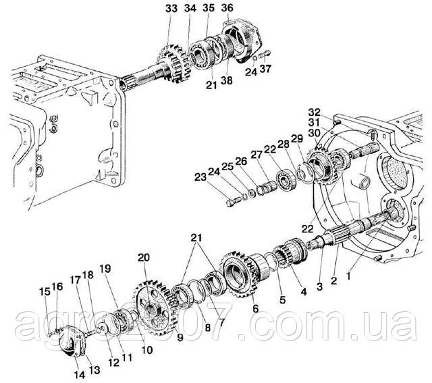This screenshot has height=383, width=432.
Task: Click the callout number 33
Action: (x=171, y=9)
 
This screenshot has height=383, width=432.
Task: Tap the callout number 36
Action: (x=227, y=8)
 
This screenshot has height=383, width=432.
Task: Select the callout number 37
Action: (x=265, y=69)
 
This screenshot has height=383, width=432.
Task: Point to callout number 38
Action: (x=227, y=80)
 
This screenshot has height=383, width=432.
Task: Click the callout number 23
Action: (x=200, y=177)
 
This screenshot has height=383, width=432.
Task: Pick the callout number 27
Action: (x=256, y=155)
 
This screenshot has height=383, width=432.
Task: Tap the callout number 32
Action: (x=315, y=113)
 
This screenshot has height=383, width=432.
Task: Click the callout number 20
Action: (x=144, y=257)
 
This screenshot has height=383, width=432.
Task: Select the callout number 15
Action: (x=45, y=291)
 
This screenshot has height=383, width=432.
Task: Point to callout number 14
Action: (x=80, y=375)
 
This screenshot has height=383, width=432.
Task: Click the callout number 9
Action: (x=180, y=338)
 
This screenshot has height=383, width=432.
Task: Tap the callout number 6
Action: (x=255, y=309)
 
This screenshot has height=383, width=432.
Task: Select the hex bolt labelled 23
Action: (x=232, y=203)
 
